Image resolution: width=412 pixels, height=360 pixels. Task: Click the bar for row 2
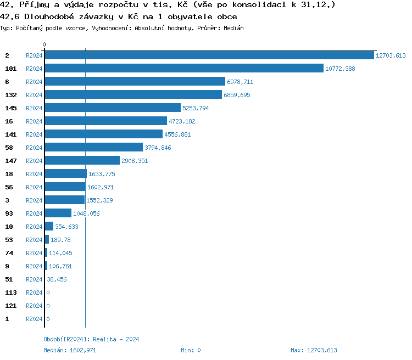pyautogui.click(x=209, y=55)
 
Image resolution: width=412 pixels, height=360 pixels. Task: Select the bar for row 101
pyautogui.click(x=184, y=69)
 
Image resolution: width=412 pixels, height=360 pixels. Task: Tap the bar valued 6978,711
pyautogui.click(x=135, y=82)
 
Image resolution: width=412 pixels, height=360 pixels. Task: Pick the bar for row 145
pyautogui.click(x=113, y=108)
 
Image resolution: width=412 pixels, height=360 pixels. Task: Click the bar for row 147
pyautogui.click(x=82, y=161)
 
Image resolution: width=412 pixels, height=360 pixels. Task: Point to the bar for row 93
pyautogui.click(x=58, y=213)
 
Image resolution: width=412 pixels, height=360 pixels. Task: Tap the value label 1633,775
pyautogui.click(x=102, y=174)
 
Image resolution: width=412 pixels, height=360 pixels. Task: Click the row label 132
pyautogui.click(x=11, y=95)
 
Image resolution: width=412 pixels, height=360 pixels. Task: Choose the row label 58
pyautogui.click(x=9, y=148)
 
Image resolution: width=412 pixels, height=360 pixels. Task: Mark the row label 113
pyautogui.click(x=11, y=292)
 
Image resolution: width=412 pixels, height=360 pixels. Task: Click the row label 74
pyautogui.click(x=9, y=253)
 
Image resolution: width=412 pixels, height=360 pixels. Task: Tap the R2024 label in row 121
pyautogui.click(x=34, y=306)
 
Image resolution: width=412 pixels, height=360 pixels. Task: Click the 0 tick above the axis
pyautogui.click(x=44, y=44)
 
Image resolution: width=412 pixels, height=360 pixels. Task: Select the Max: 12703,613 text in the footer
pyautogui.click(x=314, y=350)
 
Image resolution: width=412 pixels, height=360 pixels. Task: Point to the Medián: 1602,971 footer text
pyautogui.click(x=70, y=350)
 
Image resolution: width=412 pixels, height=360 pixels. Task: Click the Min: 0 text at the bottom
pyautogui.click(x=191, y=350)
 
